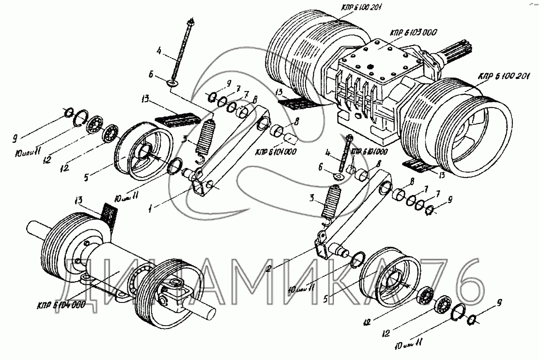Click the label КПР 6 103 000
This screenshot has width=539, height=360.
(412, 32)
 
